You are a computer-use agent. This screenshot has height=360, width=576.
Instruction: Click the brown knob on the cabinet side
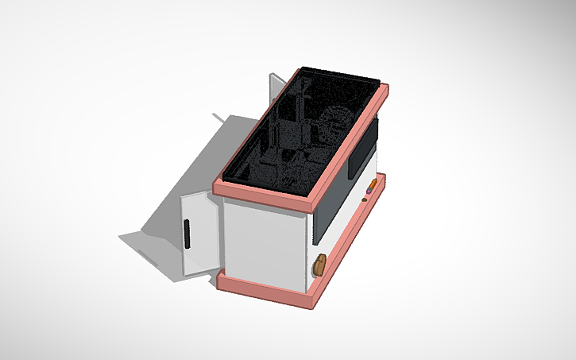pos(319,265)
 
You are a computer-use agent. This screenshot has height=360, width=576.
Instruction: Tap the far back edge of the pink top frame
pos(342,75)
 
